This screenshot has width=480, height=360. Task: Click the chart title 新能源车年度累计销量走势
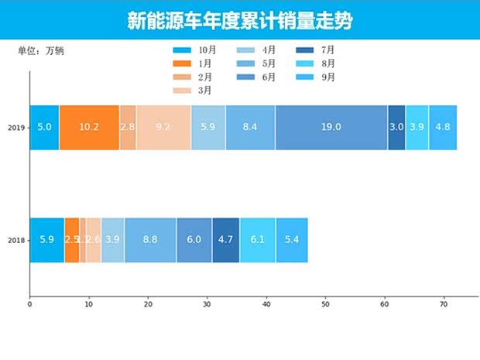239,20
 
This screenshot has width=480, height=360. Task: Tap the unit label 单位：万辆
41,51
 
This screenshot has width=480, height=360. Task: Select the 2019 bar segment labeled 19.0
331,127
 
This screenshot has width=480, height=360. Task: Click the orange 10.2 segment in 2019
89,127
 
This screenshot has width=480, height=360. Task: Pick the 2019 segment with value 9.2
163,127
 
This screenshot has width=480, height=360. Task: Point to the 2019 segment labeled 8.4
250,127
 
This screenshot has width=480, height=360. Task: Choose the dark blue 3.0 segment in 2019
396,127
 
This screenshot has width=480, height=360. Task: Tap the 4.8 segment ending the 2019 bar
443,127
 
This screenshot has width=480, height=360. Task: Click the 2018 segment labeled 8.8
150,240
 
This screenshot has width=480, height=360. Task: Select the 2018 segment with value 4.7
226,240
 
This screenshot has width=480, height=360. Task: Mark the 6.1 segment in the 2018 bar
258,240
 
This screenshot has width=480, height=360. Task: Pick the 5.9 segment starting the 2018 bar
47,240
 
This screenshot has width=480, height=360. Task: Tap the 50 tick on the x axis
325,304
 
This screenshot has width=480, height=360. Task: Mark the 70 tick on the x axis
444,304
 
